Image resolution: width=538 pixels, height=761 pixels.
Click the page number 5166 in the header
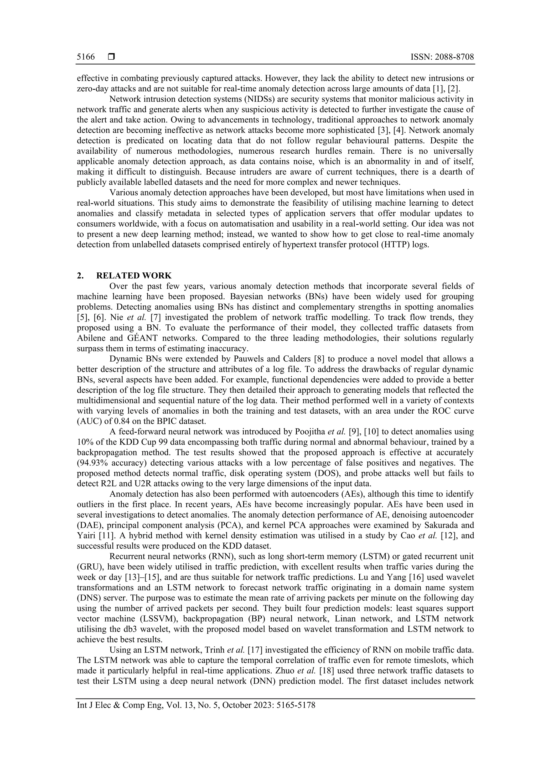[86, 57]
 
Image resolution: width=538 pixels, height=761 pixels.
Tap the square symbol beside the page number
[111, 57]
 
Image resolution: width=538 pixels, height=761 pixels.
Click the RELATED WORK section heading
[134, 276]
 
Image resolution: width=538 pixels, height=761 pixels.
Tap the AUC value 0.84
[111, 421]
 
